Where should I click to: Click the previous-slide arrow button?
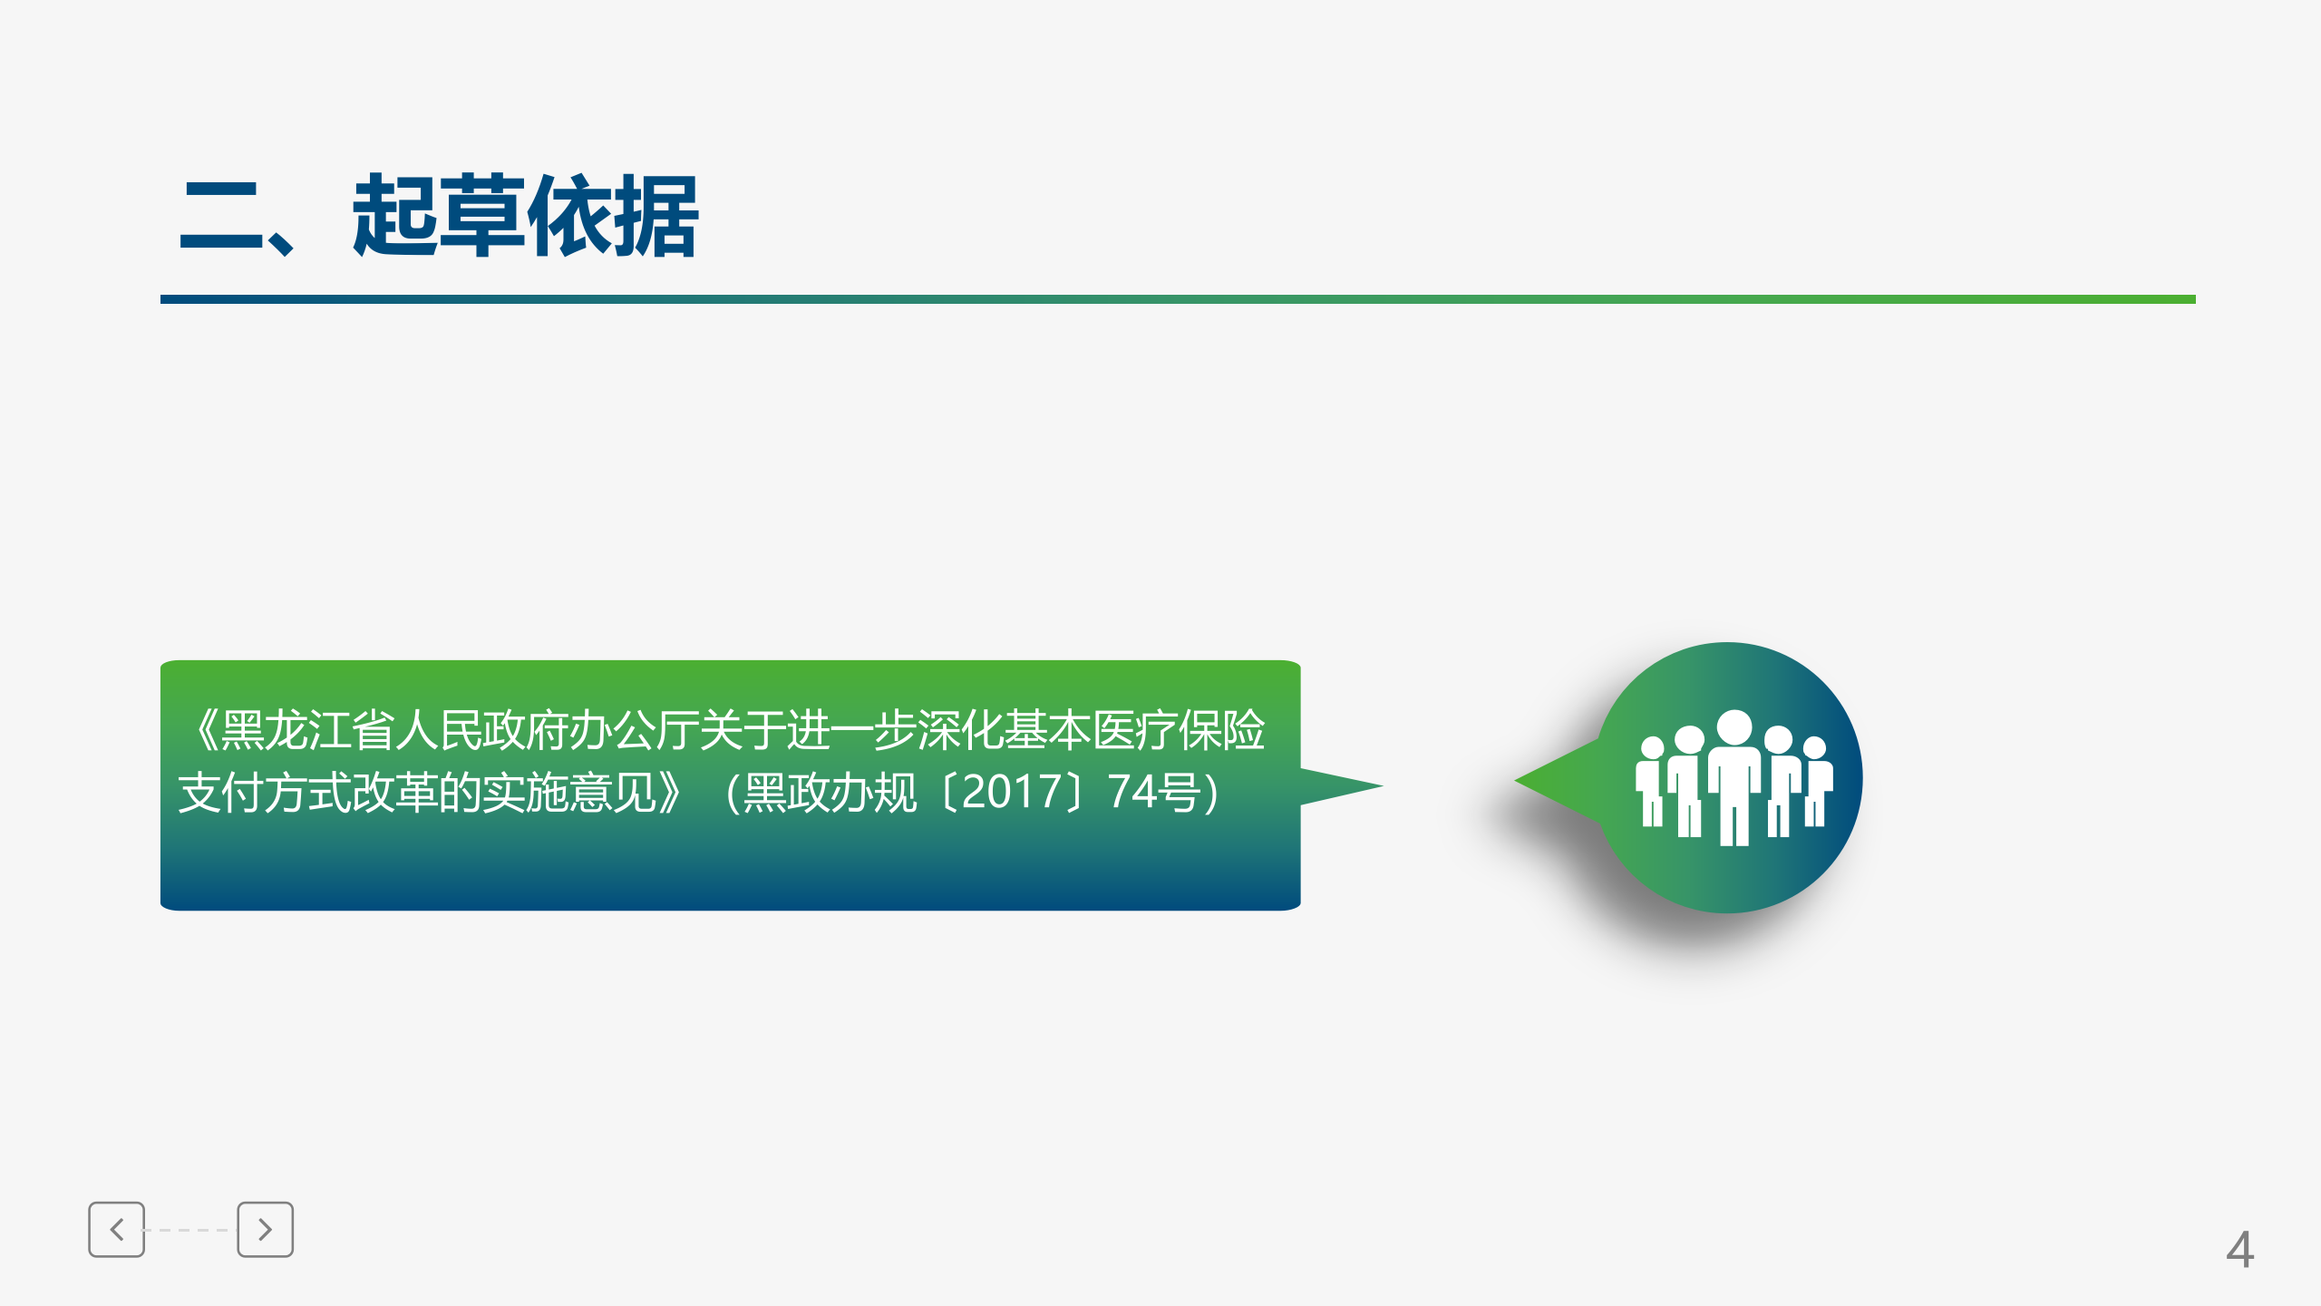click(116, 1230)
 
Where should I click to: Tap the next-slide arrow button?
click(265, 1230)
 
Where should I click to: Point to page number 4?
click(2239, 1250)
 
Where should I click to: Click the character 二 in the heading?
click(221, 218)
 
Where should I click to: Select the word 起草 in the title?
click(438, 216)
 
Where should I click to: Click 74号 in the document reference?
click(1156, 792)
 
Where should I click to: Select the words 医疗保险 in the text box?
click(1178, 730)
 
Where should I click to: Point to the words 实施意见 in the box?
click(568, 793)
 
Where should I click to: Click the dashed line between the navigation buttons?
click(190, 1230)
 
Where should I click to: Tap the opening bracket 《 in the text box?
click(205, 730)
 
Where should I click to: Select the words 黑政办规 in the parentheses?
click(830, 793)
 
